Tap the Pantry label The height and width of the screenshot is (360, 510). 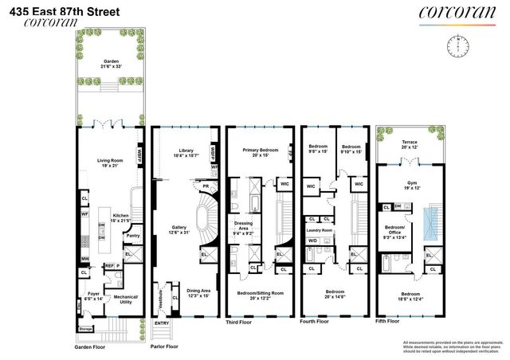tap(133, 236)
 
